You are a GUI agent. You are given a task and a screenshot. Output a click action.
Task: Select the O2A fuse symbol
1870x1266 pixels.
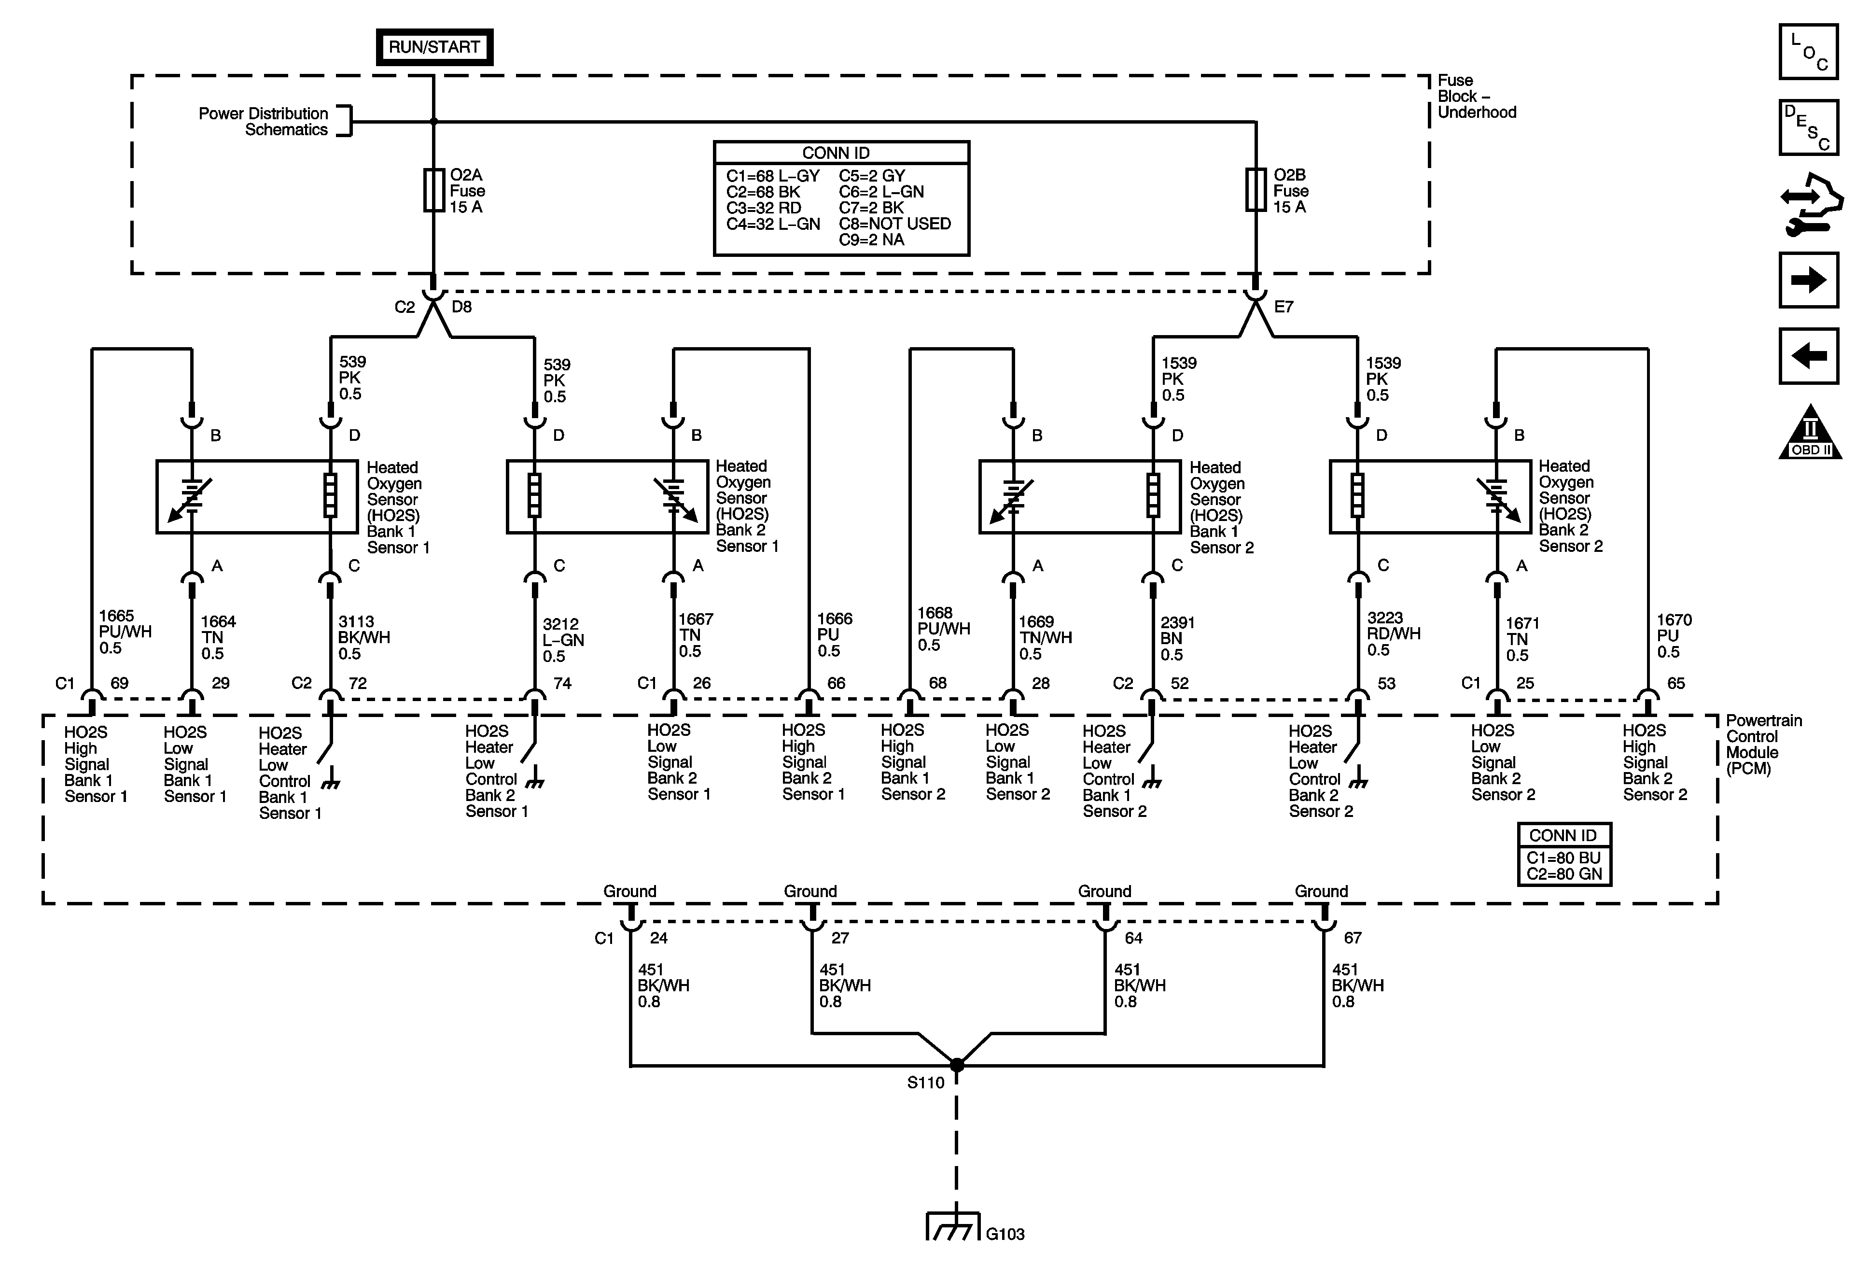pos(433,190)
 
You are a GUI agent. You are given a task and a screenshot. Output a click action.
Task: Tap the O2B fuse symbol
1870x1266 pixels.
pos(1255,190)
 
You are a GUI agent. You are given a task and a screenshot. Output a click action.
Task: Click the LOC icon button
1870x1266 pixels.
pos(1808,52)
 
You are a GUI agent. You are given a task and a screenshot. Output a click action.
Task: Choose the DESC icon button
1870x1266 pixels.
pos(1808,127)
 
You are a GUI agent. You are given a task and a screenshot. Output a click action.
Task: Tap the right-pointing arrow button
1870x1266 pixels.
pos(1808,280)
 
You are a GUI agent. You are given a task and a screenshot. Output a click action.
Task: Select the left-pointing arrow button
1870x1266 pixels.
pos(1808,356)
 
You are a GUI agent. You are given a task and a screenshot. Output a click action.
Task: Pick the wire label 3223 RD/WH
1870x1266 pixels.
pos(1394,633)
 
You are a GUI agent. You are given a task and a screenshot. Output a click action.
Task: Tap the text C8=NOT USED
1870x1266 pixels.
pos(894,224)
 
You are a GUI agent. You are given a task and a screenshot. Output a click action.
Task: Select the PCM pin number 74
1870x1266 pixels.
pos(562,683)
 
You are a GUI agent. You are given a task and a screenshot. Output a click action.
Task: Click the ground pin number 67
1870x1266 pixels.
pos(1353,938)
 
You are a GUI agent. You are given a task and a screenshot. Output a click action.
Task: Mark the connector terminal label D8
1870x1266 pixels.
pos(462,307)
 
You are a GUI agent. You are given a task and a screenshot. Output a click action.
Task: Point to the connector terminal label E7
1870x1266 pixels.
pos(1284,307)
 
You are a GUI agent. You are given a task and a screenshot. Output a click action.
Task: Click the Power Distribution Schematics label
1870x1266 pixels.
pos(264,122)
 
